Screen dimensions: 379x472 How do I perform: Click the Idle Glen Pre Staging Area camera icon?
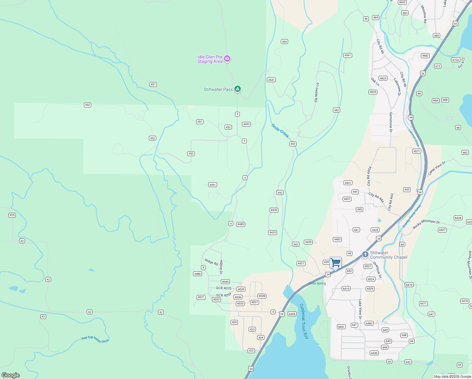click(227, 59)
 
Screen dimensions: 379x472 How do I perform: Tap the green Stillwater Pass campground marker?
click(238, 89)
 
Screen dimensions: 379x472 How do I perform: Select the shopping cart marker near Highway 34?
click(335, 263)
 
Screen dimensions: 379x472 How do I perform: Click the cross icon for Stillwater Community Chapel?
click(365, 255)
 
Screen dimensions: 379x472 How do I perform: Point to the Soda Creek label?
click(280, 131)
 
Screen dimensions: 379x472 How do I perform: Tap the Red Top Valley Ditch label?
click(95, 340)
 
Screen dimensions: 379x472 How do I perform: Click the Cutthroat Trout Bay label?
click(304, 321)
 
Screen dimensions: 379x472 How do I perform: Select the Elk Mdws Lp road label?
click(316, 93)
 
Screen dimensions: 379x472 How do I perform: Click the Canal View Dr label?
click(437, 168)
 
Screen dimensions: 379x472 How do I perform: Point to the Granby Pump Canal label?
click(412, 216)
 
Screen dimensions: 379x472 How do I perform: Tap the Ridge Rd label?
click(211, 262)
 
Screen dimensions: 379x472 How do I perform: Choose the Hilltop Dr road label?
click(221, 267)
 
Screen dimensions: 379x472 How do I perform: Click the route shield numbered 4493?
click(246, 124)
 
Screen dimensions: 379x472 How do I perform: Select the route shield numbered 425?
click(12, 215)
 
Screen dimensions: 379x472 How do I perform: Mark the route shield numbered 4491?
click(213, 185)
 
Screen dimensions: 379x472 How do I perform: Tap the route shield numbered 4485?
click(241, 224)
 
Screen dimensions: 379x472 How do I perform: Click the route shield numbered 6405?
click(292, 314)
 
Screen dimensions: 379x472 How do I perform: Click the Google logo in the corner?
click(11, 375)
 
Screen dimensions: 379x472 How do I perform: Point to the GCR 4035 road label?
click(224, 288)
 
